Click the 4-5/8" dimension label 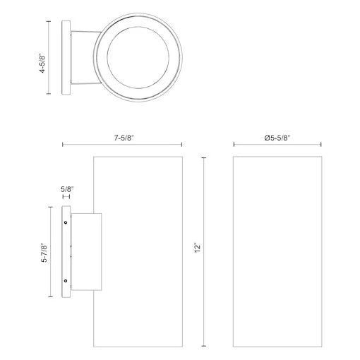42,63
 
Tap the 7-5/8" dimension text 124,138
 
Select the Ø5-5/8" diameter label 277,138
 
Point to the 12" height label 198,248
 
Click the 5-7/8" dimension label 44,253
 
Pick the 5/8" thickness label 67,189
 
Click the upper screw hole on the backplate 66,222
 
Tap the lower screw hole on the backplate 66,281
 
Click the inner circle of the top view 138,27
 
